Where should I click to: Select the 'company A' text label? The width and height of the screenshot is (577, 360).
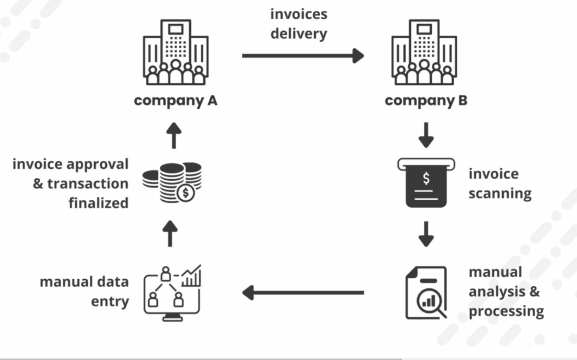pos(175,101)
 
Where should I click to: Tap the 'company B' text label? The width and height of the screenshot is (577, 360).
pos(426,101)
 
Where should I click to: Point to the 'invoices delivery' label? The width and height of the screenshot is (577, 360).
pos(299,24)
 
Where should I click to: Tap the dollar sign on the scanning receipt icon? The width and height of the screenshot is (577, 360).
pos(426,178)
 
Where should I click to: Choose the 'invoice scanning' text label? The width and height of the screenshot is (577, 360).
pos(499,183)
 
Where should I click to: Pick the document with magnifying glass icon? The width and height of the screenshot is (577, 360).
pos(426,293)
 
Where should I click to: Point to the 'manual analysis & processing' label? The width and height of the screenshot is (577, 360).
pos(506,292)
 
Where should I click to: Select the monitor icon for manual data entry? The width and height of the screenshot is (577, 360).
pos(173,293)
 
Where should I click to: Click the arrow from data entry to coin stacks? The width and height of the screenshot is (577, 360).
pos(171,234)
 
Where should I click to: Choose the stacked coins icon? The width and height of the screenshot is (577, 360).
pos(172,182)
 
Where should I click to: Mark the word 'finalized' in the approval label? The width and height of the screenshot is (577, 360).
pos(98,203)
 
